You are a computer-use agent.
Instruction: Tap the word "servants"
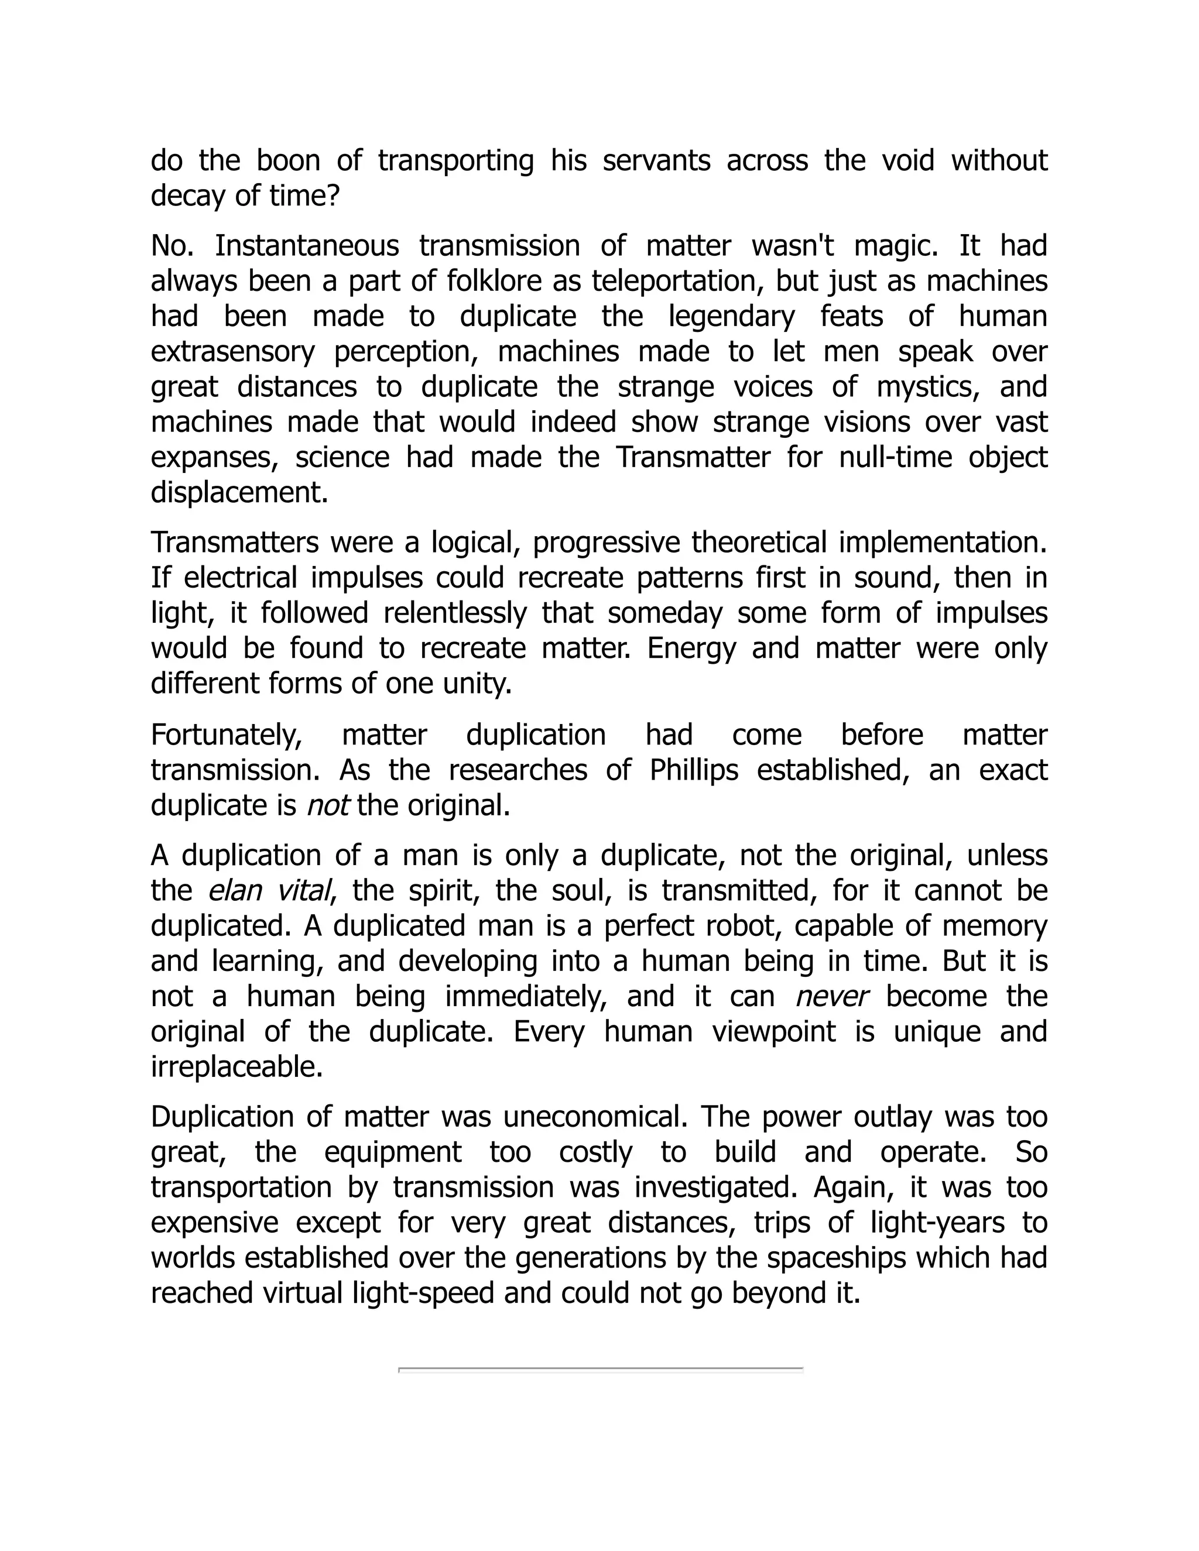pyautogui.click(x=656, y=160)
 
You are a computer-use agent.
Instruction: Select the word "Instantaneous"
pyautogui.click(x=307, y=246)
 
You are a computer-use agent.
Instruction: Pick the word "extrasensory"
pyautogui.click(x=232, y=352)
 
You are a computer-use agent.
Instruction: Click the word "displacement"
pyautogui.click(x=239, y=492)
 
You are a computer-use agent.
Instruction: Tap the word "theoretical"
pyautogui.click(x=759, y=543)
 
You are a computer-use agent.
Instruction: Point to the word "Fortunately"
pyautogui.click(x=227, y=735)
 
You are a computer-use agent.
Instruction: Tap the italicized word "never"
pyautogui.click(x=832, y=996)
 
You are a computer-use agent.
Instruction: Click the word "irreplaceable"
pyautogui.click(x=237, y=1066)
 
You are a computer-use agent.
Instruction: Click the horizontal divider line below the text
pyautogui.click(x=600, y=1368)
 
